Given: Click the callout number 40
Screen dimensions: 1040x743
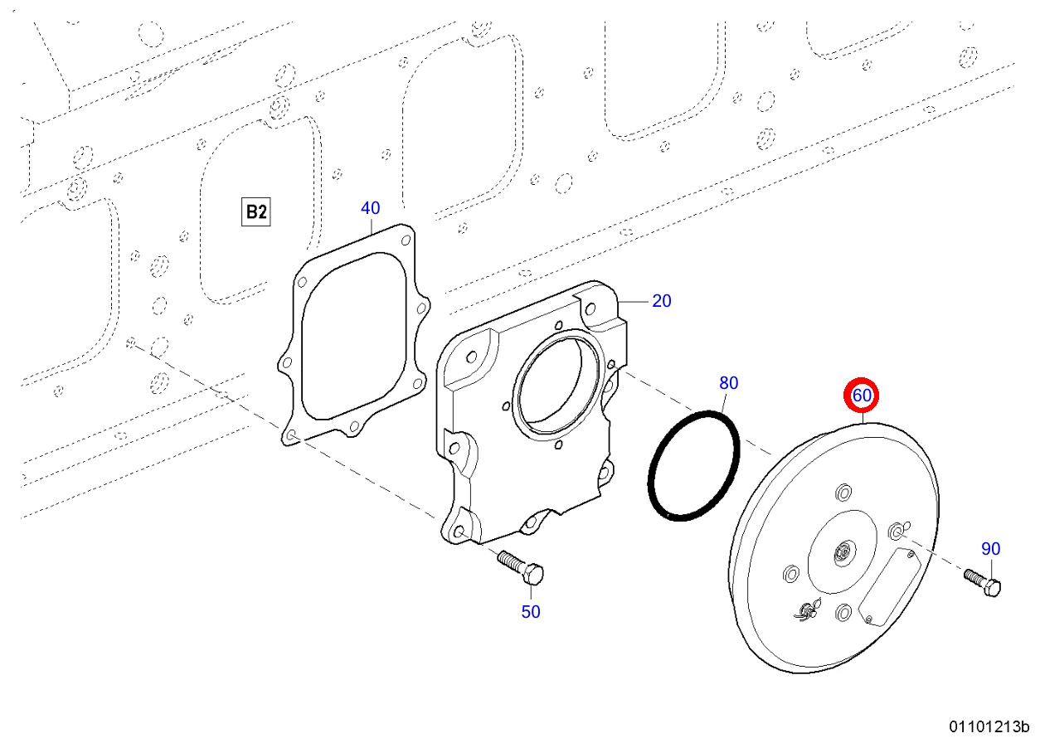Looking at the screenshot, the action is point(371,208).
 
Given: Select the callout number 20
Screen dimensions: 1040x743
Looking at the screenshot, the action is point(662,301).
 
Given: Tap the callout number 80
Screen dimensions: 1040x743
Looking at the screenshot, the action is point(728,383).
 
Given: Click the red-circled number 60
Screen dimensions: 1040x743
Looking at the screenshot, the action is point(861,396).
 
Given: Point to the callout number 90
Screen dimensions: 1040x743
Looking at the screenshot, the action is point(991,549).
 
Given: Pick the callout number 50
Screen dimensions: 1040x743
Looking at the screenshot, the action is point(531,612).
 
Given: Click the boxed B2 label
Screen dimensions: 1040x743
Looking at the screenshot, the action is point(255,212).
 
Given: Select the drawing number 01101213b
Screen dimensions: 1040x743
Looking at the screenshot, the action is point(989,726).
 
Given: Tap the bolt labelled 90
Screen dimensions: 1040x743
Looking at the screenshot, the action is point(983,583).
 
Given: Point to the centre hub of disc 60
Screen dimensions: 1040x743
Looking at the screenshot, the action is point(843,553).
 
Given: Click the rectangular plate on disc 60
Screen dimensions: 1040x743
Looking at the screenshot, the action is point(890,586).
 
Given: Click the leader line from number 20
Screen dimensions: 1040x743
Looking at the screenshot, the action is point(634,302).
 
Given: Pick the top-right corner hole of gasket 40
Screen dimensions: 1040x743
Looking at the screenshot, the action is point(406,240).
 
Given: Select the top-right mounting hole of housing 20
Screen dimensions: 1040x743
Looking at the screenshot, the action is point(590,308).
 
